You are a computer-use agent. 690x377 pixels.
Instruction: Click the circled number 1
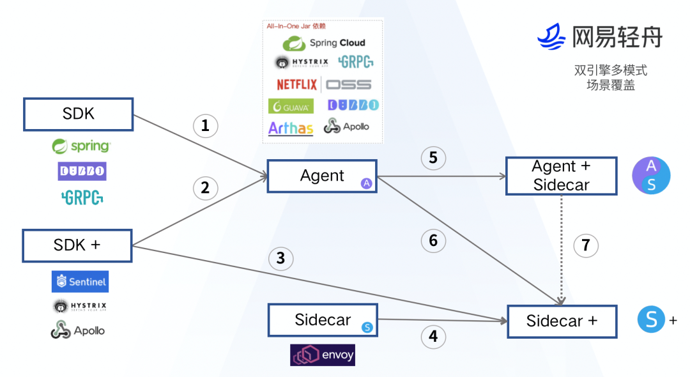tap(205, 126)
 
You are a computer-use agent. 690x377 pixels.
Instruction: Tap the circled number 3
tap(280, 259)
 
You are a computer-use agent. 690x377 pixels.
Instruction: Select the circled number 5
tap(433, 157)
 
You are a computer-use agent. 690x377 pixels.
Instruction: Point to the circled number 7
tap(586, 245)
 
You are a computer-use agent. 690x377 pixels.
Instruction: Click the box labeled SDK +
tap(77, 246)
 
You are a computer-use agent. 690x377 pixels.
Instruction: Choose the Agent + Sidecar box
tap(562, 176)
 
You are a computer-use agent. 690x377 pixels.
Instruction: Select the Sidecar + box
tap(562, 321)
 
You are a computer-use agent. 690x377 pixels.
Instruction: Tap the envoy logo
tap(323, 355)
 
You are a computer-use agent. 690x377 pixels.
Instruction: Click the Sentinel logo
tap(80, 281)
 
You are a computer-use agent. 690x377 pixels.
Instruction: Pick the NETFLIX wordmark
tap(296, 84)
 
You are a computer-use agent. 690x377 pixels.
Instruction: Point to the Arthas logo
tap(291, 128)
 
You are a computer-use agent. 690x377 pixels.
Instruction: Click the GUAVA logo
tap(291, 106)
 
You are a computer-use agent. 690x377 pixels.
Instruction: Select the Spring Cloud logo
tap(324, 43)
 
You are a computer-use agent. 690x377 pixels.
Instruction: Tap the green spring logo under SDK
tap(81, 146)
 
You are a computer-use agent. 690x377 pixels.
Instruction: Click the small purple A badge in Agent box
tap(367, 183)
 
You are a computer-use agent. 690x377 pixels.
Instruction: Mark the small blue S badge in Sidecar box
tap(367, 327)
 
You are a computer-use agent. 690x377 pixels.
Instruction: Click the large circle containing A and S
tap(651, 176)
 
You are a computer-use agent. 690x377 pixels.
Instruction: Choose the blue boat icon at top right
tap(552, 37)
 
